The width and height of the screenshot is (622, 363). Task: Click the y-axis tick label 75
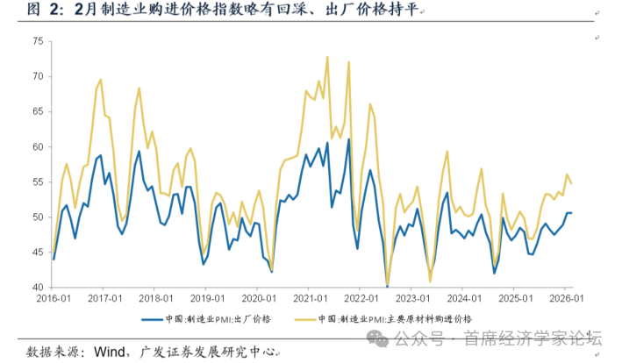[37, 41]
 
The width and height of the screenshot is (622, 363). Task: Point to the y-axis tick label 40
[37, 287]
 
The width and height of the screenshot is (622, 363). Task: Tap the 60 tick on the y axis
[37, 146]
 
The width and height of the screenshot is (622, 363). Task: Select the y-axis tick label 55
[37, 181]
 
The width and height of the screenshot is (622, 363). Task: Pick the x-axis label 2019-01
[204, 299]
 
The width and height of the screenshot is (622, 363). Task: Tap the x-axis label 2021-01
[306, 299]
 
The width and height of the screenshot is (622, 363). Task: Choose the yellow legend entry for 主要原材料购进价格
[395, 318]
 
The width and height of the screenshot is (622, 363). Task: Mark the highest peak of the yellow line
[327, 58]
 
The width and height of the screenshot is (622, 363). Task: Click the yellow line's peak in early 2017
[101, 80]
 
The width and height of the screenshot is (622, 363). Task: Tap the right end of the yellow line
[572, 183]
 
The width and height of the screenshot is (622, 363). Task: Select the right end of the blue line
[572, 213]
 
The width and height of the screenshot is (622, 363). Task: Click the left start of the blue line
[54, 259]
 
